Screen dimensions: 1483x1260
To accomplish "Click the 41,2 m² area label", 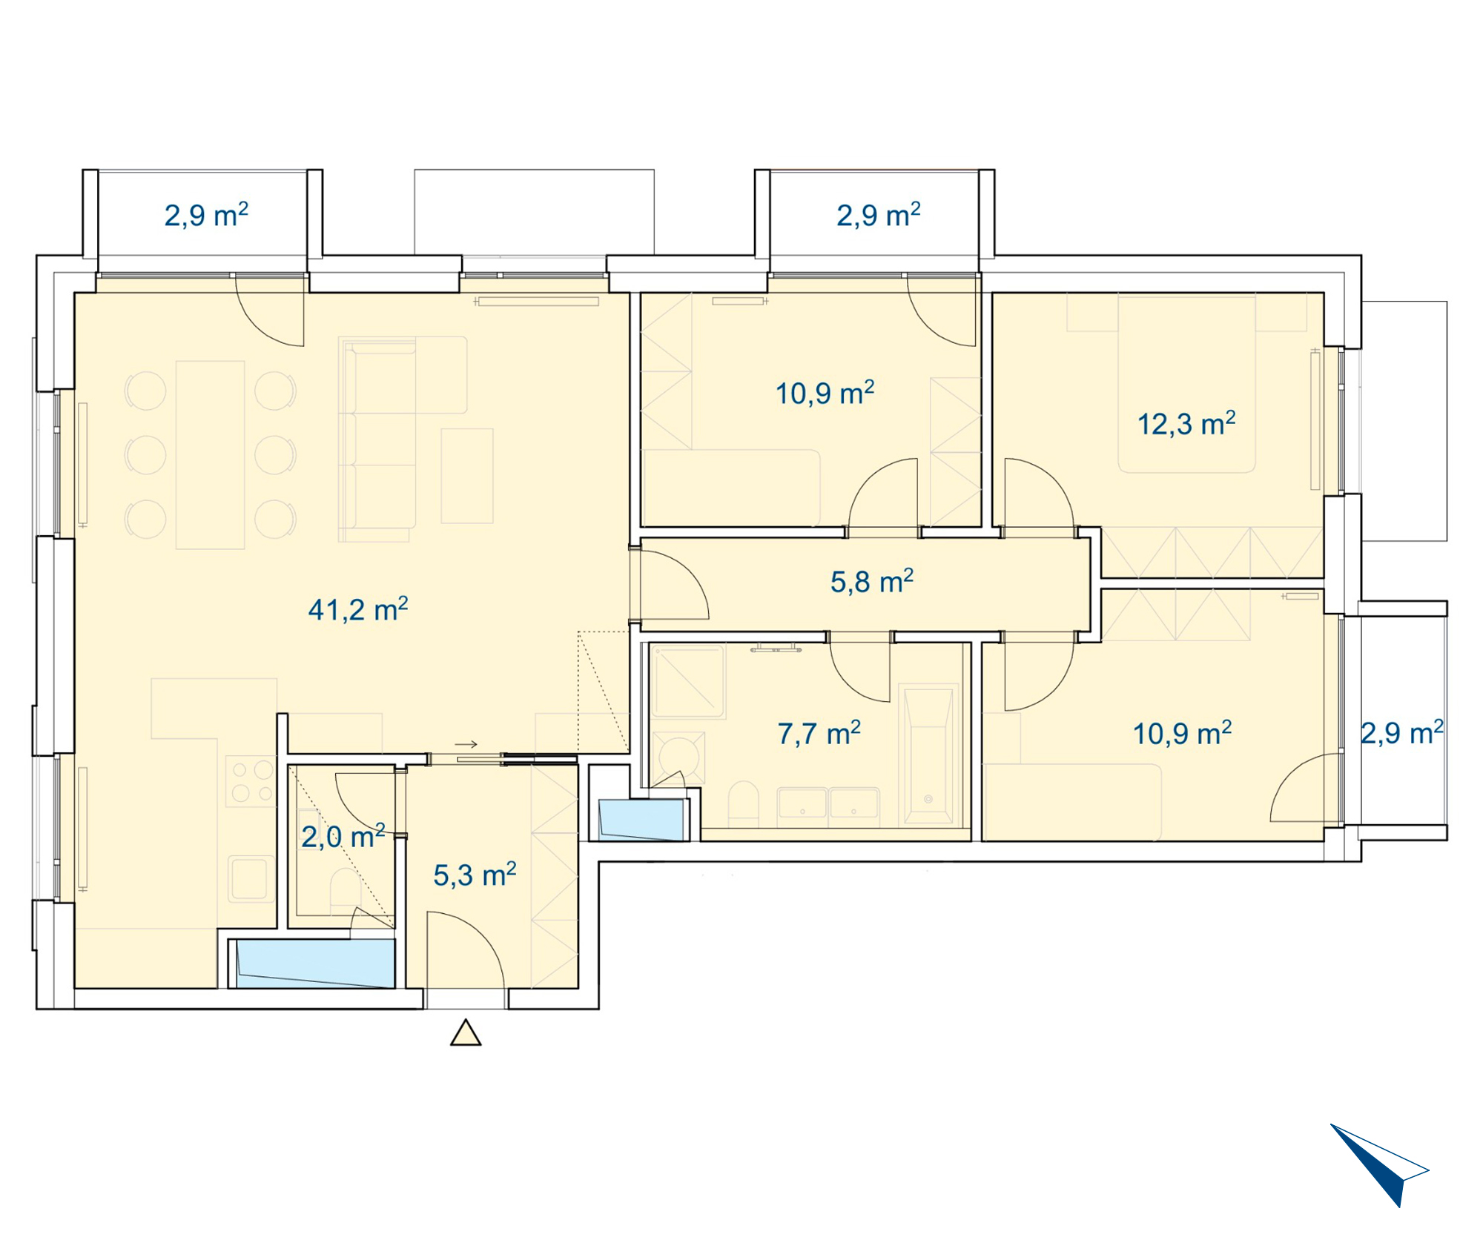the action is [x=358, y=609].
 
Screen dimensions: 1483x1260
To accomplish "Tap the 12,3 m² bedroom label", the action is [x=1186, y=423].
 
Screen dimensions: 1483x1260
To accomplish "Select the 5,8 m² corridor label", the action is [x=871, y=581].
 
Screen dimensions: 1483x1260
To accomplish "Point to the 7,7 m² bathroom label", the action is [x=819, y=733].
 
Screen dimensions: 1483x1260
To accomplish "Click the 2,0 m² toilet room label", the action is [x=343, y=836].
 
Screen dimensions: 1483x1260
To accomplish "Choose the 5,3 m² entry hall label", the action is [x=475, y=875].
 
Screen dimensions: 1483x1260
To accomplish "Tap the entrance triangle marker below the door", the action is [x=466, y=1032].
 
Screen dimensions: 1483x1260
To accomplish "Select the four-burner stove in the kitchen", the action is [x=251, y=781].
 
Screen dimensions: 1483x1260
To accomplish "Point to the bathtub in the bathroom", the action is [x=928, y=755].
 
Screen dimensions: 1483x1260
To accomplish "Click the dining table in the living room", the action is [x=211, y=455].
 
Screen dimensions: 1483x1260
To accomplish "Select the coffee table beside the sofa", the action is [x=467, y=476].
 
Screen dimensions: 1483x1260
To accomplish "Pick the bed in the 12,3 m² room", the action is [x=1186, y=383].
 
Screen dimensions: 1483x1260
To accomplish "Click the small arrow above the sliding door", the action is [x=466, y=744].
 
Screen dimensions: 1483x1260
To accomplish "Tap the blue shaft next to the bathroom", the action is [x=642, y=820].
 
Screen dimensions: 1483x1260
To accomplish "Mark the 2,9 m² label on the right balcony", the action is [x=1401, y=732].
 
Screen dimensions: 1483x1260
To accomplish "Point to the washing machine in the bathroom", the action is [x=678, y=757].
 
